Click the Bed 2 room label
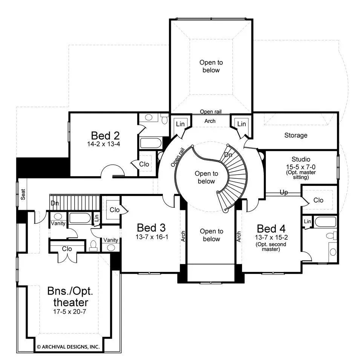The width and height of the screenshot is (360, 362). pos(106,135)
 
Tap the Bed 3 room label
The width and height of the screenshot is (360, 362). pos(151,227)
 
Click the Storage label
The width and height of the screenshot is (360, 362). pos(296,135)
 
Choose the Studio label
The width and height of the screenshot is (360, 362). pos(300,160)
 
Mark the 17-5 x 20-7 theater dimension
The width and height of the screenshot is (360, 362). pos(68,311)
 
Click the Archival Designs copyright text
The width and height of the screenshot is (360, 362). pos(68,346)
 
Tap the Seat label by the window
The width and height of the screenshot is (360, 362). pos(23,194)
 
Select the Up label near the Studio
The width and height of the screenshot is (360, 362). pos(284,192)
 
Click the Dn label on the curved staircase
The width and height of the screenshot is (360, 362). pos(228,155)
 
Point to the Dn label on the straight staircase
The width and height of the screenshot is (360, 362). pos(55,203)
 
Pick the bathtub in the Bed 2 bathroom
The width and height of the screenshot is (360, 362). pos(151,143)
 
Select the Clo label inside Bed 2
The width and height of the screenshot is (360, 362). pos(144,164)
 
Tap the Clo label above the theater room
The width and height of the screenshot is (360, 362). pos(67,249)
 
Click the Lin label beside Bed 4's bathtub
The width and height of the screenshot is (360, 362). pos(307,222)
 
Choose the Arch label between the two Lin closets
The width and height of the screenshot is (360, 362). pos(210,121)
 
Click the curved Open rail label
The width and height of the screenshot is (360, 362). pos(177,158)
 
